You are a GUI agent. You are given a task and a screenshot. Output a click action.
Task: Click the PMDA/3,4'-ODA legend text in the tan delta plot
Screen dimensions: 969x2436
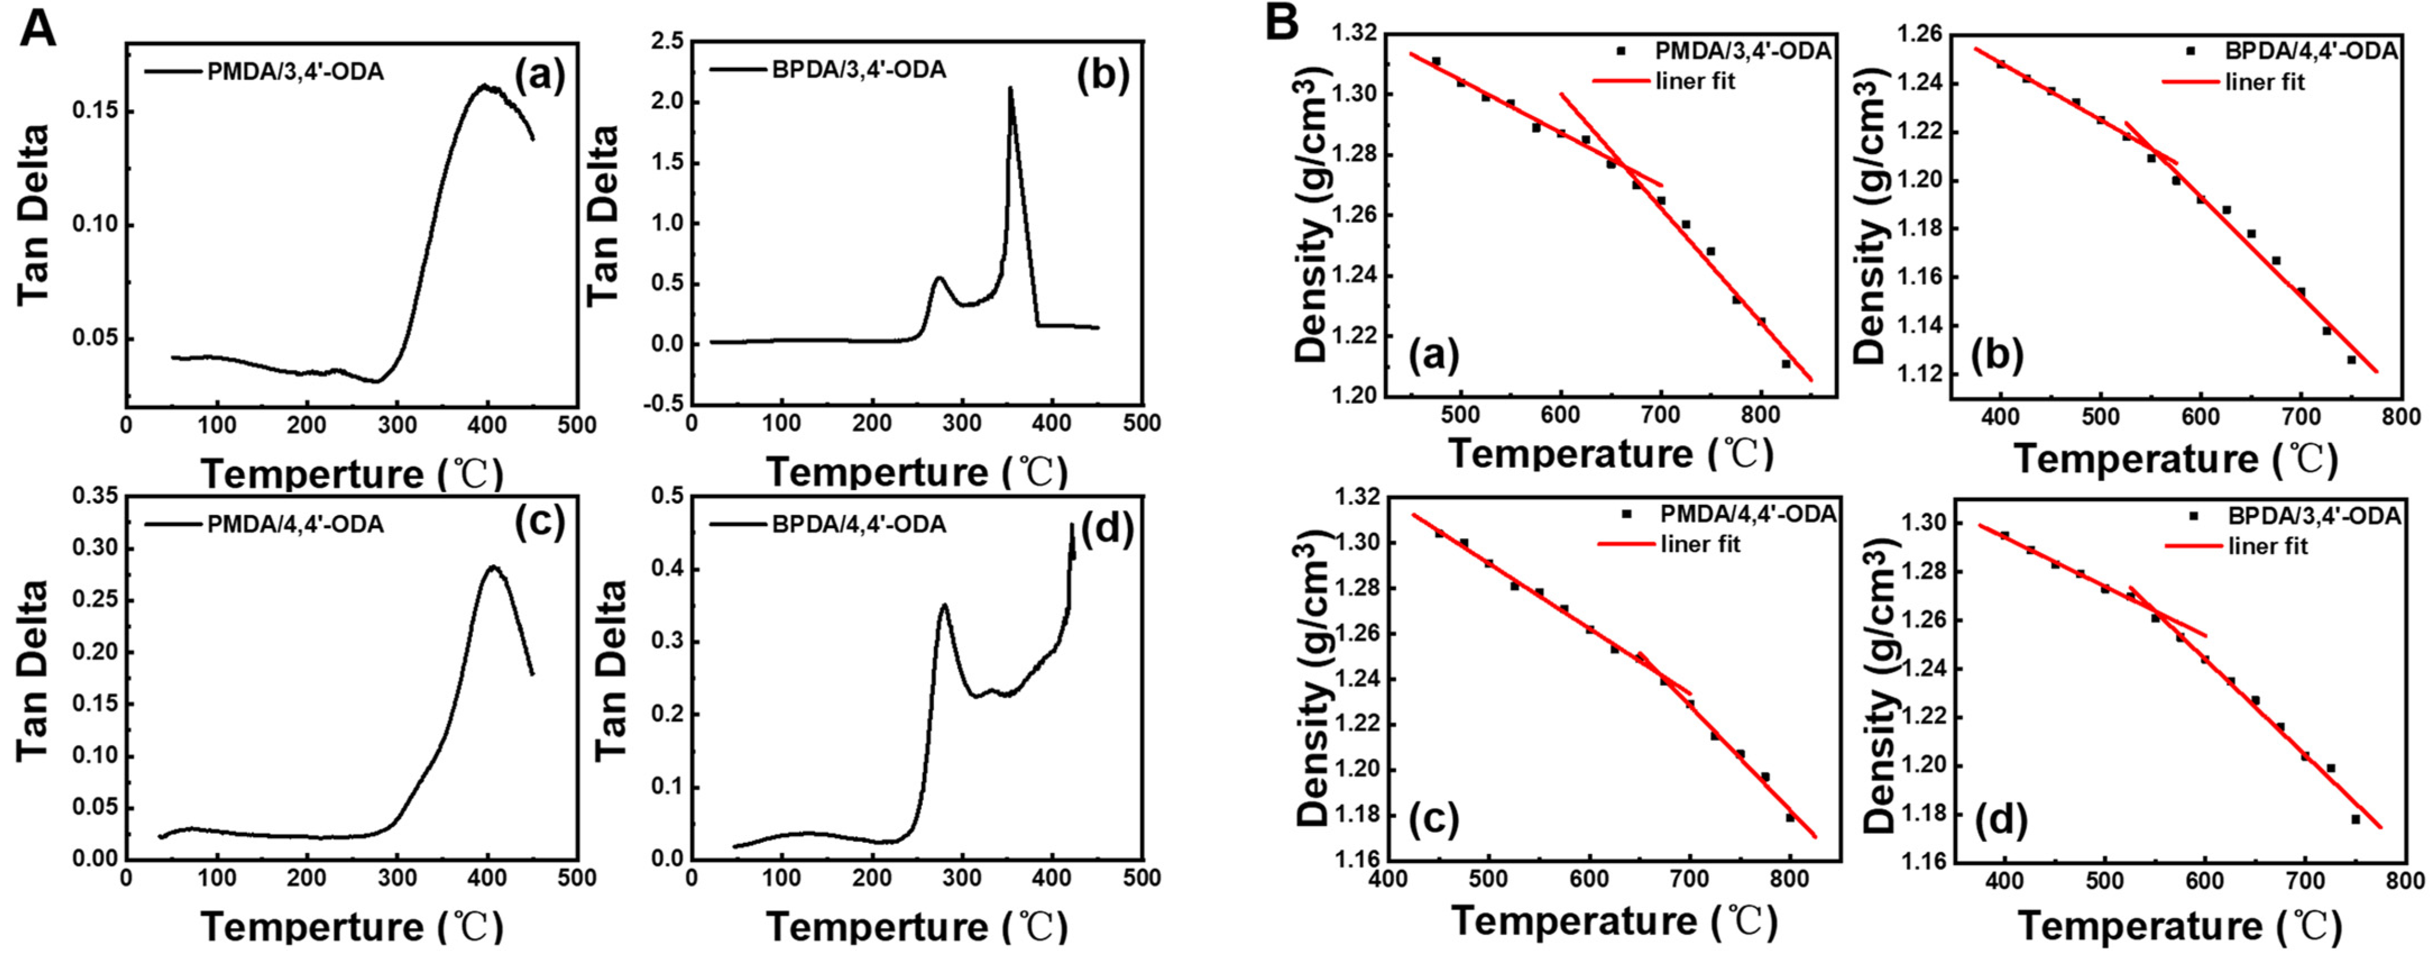point(295,72)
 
